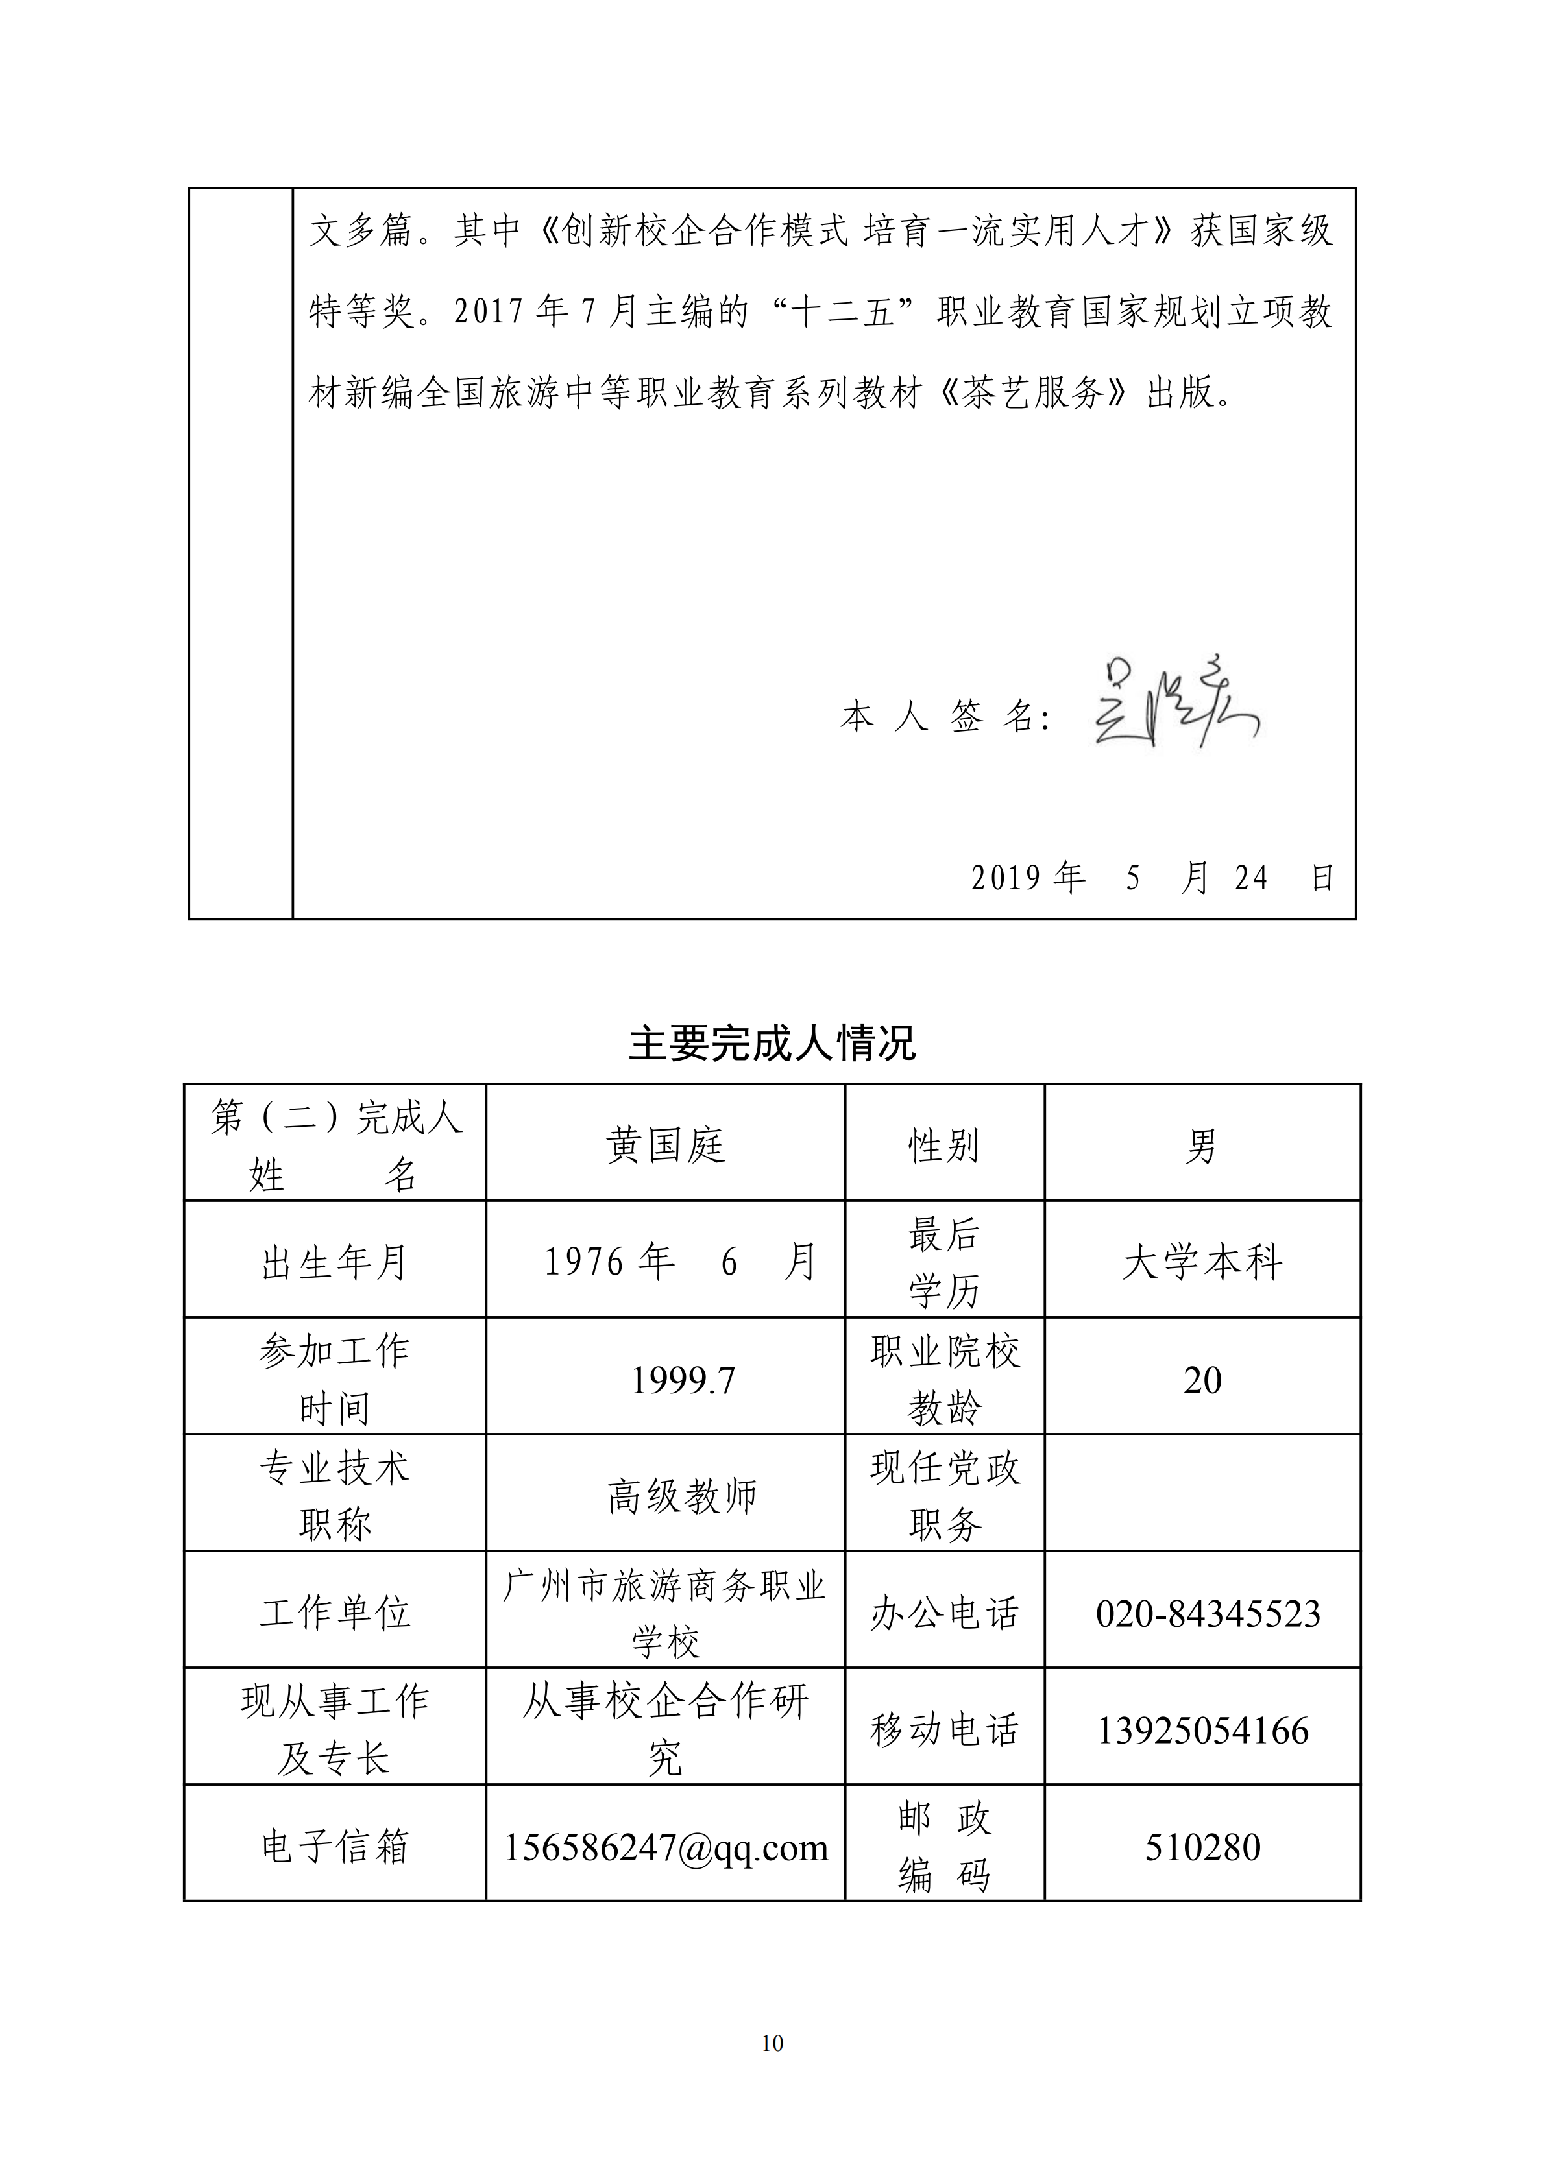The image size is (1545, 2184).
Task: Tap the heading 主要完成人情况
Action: pyautogui.click(x=772, y=1044)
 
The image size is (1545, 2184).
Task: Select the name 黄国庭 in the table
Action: pyautogui.click(x=665, y=1146)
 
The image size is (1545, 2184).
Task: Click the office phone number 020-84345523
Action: pyautogui.click(x=1208, y=1613)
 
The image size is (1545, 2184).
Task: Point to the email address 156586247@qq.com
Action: pyautogui.click(x=665, y=1847)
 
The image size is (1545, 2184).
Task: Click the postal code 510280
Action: pyautogui.click(x=1202, y=1847)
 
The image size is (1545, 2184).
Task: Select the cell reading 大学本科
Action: pyautogui.click(x=1202, y=1262)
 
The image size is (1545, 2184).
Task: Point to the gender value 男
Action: pyautogui.click(x=1202, y=1146)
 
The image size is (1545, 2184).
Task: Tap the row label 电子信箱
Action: pyautogui.click(x=335, y=1847)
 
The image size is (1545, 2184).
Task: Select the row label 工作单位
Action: pyautogui.click(x=335, y=1613)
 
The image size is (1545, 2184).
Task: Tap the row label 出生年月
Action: pyautogui.click(x=335, y=1263)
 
